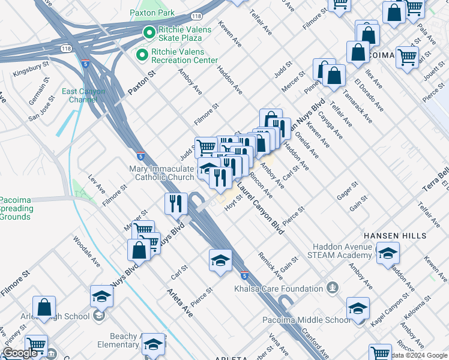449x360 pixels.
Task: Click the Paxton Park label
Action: [153, 13]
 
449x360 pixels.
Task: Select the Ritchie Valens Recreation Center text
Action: [180, 56]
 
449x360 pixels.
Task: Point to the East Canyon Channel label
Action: [83, 95]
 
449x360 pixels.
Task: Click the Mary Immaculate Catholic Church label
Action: [162, 173]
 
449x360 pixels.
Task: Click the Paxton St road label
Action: [141, 83]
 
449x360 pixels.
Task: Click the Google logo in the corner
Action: [20, 353]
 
